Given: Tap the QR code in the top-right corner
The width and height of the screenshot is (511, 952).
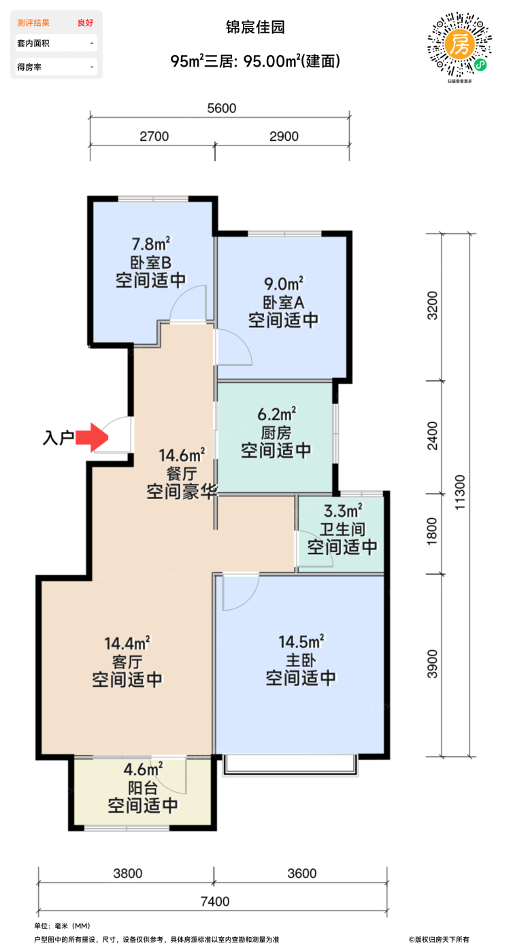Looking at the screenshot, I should click(459, 47).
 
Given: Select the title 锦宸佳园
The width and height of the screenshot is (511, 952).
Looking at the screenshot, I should click(255, 27).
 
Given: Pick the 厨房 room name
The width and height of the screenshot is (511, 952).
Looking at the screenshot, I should click(276, 432).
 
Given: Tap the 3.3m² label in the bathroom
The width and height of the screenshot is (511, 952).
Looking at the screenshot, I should click(342, 510).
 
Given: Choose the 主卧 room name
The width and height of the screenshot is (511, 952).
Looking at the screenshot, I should click(301, 660).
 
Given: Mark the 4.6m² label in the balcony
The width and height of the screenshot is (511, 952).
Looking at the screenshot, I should click(143, 770).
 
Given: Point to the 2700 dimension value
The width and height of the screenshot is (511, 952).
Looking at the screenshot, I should click(154, 136).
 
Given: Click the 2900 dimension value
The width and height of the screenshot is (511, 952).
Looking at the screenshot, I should click(284, 136).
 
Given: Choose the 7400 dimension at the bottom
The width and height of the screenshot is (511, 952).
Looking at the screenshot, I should click(215, 902).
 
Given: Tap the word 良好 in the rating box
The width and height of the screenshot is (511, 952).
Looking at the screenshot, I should click(85, 22).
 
